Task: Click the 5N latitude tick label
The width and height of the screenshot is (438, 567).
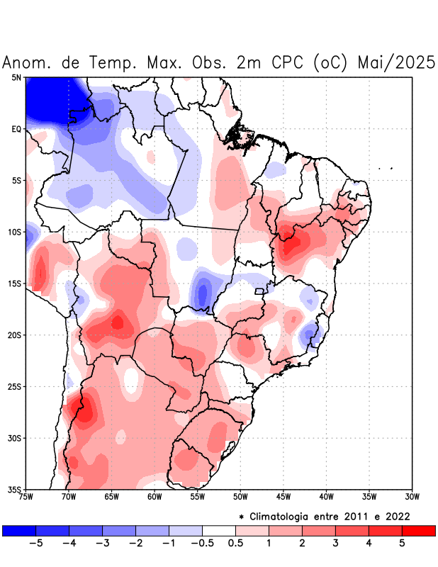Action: pyautogui.click(x=16, y=77)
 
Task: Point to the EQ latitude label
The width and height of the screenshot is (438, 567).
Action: pyautogui.click(x=16, y=129)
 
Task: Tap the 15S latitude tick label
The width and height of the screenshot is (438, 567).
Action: pyautogui.click(x=14, y=283)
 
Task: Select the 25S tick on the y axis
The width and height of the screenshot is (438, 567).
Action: pyautogui.click(x=14, y=386)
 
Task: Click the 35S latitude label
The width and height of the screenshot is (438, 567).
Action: pyautogui.click(x=14, y=489)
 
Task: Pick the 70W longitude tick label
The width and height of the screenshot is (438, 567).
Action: pyautogui.click(x=69, y=496)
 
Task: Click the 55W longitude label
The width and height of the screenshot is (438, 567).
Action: pyautogui.click(x=197, y=496)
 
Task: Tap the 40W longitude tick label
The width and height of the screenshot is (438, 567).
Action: pyautogui.click(x=326, y=496)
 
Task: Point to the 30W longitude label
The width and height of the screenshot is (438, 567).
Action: pyautogui.click(x=412, y=496)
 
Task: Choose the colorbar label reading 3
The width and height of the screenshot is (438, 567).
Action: pyautogui.click(x=335, y=544)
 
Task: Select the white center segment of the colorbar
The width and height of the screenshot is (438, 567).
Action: pyautogui.click(x=218, y=530)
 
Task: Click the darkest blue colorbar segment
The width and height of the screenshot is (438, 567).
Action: pyautogui.click(x=19, y=530)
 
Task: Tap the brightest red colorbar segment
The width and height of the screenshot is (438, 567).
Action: pyautogui.click(x=418, y=530)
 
